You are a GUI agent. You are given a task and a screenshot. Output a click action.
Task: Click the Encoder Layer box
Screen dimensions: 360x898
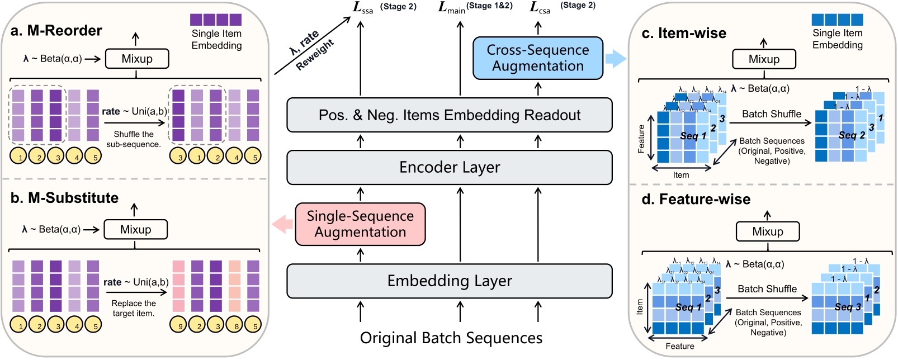point(450,167)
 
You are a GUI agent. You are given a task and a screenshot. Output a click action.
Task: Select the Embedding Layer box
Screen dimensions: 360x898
point(450,281)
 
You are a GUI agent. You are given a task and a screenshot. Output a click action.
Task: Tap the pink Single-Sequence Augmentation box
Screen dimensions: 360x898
point(360,224)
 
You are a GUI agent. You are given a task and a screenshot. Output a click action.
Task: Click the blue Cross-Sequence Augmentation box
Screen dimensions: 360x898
point(537,58)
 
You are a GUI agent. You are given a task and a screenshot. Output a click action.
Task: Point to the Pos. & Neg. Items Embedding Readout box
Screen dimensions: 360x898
point(450,115)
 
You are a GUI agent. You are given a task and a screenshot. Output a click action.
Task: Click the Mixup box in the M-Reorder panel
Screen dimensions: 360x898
point(137,59)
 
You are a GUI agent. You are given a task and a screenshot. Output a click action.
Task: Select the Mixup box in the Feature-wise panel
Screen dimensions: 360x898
point(767,231)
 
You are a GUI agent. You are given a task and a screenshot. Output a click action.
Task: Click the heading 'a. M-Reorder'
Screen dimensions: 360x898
point(56,31)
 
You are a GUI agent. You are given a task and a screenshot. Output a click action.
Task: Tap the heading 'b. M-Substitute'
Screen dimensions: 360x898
point(64,198)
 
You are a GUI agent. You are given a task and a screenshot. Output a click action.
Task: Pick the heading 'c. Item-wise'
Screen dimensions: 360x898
point(684,34)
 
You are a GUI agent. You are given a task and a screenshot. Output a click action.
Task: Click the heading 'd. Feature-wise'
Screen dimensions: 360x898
point(696,200)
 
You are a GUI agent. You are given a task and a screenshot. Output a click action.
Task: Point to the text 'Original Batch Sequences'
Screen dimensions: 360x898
point(451,338)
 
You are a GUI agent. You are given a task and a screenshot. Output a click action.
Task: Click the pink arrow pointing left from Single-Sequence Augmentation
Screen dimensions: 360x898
point(282,225)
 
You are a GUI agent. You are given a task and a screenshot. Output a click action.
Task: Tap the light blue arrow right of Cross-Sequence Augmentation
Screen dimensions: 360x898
point(616,58)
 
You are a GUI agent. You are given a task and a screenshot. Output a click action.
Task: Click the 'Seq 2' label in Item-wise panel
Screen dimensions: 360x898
point(851,135)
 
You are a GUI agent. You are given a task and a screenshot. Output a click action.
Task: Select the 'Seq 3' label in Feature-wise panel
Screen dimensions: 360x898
point(848,307)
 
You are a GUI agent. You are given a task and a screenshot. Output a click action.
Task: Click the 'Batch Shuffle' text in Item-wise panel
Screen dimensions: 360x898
point(771,114)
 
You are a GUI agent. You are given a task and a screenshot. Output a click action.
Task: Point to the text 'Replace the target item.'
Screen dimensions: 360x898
point(134,309)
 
